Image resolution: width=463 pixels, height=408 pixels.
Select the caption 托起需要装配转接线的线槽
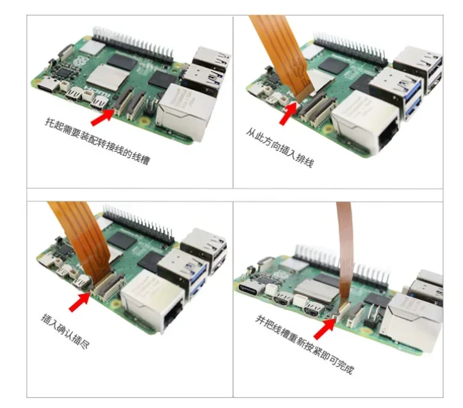coord(97,141)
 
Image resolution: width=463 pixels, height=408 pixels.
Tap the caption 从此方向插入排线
coord(280,147)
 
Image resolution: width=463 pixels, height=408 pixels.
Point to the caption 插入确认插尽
coord(65,331)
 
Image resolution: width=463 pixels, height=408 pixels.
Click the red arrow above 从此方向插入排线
coord(288,113)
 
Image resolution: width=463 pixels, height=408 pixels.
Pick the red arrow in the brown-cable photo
coord(325,328)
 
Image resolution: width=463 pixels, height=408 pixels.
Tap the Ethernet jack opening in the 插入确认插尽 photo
coord(173,316)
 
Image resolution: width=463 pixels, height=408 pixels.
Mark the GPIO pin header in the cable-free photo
coord(133,45)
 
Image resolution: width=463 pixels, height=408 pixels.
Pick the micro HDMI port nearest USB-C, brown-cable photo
coord(282,298)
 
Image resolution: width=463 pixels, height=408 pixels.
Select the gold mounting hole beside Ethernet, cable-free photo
coord(144,120)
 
